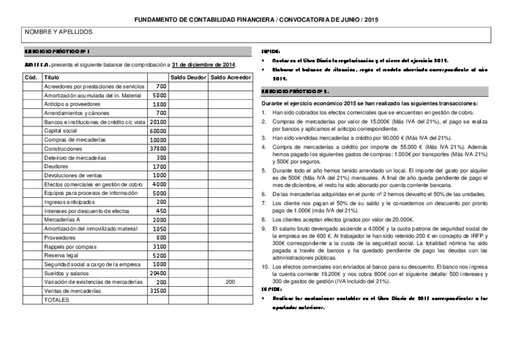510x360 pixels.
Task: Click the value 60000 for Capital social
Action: click(158, 130)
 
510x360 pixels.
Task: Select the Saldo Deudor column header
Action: click(188, 78)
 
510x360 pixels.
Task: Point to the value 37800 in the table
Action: click(158, 148)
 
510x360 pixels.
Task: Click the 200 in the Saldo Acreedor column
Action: click(230, 282)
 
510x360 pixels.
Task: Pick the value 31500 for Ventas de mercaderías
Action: click(158, 291)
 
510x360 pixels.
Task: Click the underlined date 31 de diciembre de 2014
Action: click(203, 65)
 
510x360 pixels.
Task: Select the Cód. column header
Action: click(31, 78)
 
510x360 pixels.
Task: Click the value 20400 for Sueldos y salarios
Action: click(158, 273)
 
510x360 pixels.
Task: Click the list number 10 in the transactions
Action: click(266, 266)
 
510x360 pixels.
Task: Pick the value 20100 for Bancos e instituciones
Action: click(158, 122)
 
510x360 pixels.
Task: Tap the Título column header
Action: click(52, 78)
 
